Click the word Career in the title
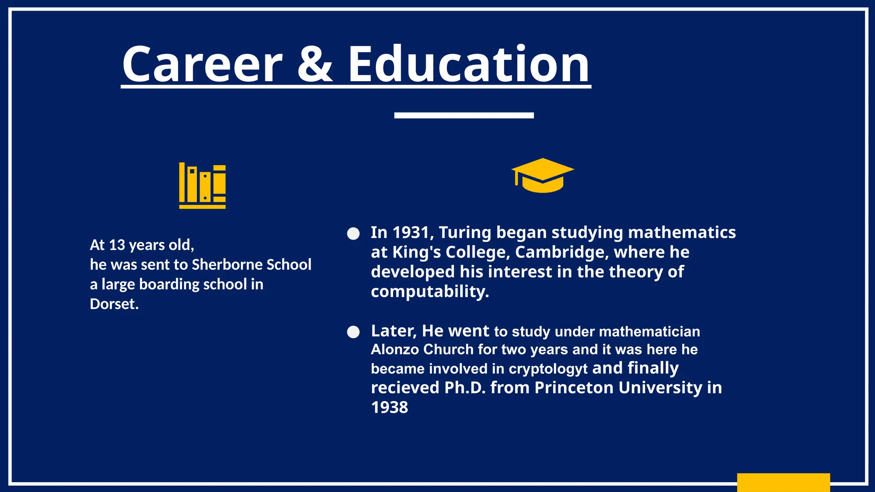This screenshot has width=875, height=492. pyautogui.click(x=202, y=64)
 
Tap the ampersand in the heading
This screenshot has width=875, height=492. pyautogui.click(x=314, y=64)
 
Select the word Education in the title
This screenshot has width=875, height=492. pyautogui.click(x=469, y=64)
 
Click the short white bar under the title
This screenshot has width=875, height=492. pyautogui.click(x=464, y=115)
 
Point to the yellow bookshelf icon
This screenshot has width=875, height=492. pyautogui.click(x=202, y=186)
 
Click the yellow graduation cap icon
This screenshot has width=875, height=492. pyautogui.click(x=543, y=175)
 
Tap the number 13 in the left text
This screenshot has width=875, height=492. pyautogui.click(x=117, y=245)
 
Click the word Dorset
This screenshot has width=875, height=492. pyautogui.click(x=114, y=304)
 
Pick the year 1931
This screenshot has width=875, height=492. pyautogui.click(x=411, y=233)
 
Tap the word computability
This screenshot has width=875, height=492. pyautogui.click(x=429, y=292)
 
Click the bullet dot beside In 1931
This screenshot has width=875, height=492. pyautogui.click(x=353, y=234)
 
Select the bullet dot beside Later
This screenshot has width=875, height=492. pyautogui.click(x=353, y=332)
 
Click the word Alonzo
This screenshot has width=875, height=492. pyautogui.click(x=395, y=349)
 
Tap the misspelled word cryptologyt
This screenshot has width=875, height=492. pyautogui.click(x=548, y=369)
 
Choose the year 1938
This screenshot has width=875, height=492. pyautogui.click(x=390, y=407)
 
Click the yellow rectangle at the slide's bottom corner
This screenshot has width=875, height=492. pyautogui.click(x=783, y=482)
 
